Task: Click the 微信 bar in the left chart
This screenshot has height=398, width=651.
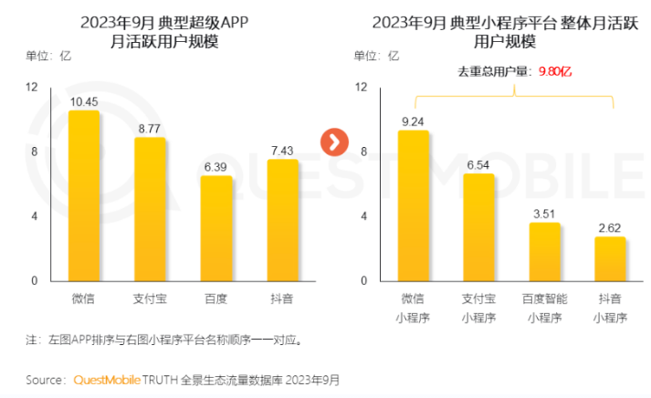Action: (84, 196)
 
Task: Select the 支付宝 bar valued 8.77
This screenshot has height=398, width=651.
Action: (150, 210)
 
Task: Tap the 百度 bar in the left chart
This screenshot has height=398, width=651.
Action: (216, 228)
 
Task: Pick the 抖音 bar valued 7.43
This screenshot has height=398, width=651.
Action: (282, 220)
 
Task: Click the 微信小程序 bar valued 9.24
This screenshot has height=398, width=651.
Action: (414, 206)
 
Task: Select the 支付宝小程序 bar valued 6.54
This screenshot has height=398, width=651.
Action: (478, 227)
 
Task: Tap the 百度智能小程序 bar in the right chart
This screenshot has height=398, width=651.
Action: (545, 252)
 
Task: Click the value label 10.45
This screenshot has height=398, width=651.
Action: (84, 99)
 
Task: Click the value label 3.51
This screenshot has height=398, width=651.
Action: (545, 212)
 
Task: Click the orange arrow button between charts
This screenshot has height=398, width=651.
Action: (334, 141)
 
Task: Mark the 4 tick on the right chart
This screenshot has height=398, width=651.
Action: (362, 216)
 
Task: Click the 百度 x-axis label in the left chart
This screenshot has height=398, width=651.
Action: (216, 298)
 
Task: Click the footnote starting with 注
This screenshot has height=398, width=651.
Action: (164, 340)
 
